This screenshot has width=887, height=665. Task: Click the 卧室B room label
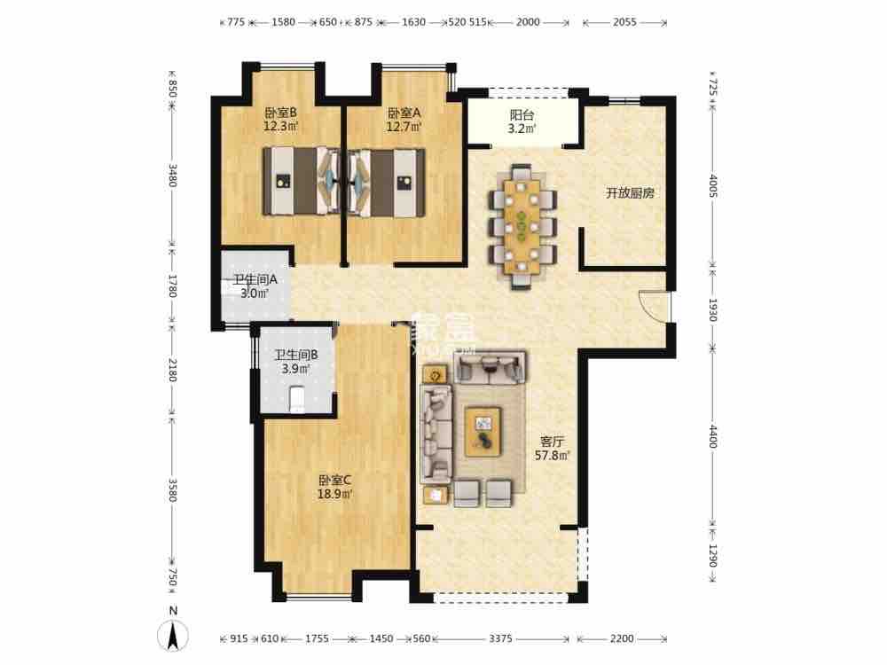tap(280, 113)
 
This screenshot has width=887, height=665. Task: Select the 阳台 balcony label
tap(522, 114)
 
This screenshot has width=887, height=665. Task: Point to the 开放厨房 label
tap(630, 192)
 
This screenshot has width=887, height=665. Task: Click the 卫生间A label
tap(255, 279)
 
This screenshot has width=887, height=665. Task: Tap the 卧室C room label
tap(336, 481)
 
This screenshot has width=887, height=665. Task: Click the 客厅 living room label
tap(551, 441)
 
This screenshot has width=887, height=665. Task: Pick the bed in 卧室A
tap(387, 182)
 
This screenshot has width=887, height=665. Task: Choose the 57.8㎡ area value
tap(551, 456)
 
